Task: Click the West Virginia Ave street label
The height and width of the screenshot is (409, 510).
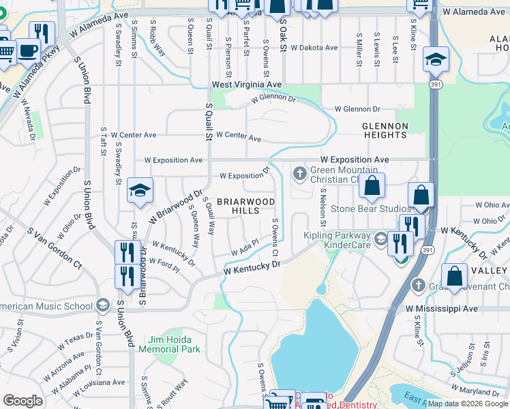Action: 246,85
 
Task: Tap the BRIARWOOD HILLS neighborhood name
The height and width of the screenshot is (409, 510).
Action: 246,207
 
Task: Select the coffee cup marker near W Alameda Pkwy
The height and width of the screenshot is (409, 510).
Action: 28,51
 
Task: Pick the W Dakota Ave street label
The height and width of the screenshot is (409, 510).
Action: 314,48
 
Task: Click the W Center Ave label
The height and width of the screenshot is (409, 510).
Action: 238,136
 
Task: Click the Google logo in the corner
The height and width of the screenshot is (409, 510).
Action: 22,401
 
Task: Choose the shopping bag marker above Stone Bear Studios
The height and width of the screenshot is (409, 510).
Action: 372,186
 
